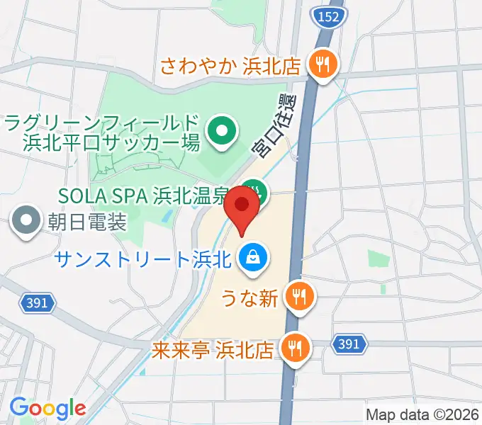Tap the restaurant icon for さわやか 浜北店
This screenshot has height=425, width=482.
(x=323, y=65)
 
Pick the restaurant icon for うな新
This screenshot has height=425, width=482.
(x=298, y=295)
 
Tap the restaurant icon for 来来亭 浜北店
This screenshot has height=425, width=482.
(x=292, y=348)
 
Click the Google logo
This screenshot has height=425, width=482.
(x=47, y=407)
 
